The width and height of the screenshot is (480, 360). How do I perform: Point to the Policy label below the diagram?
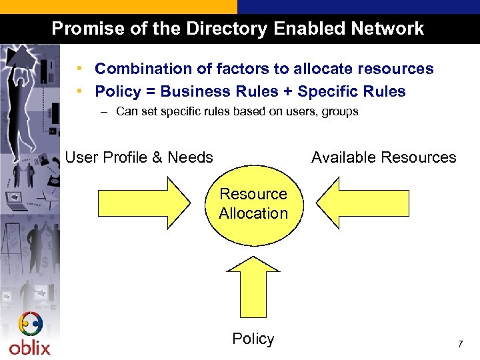click(x=253, y=339)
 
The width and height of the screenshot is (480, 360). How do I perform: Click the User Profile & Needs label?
click(x=139, y=157)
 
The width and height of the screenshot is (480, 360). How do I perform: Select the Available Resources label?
click(x=383, y=157)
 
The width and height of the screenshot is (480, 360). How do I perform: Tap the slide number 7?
click(x=459, y=344)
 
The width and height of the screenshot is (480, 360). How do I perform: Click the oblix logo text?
click(x=29, y=347)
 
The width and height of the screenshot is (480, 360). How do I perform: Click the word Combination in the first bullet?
click(x=137, y=69)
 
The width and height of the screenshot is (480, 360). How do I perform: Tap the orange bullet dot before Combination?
click(x=79, y=69)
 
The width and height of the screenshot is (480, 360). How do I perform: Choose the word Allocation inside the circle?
click(x=253, y=213)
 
